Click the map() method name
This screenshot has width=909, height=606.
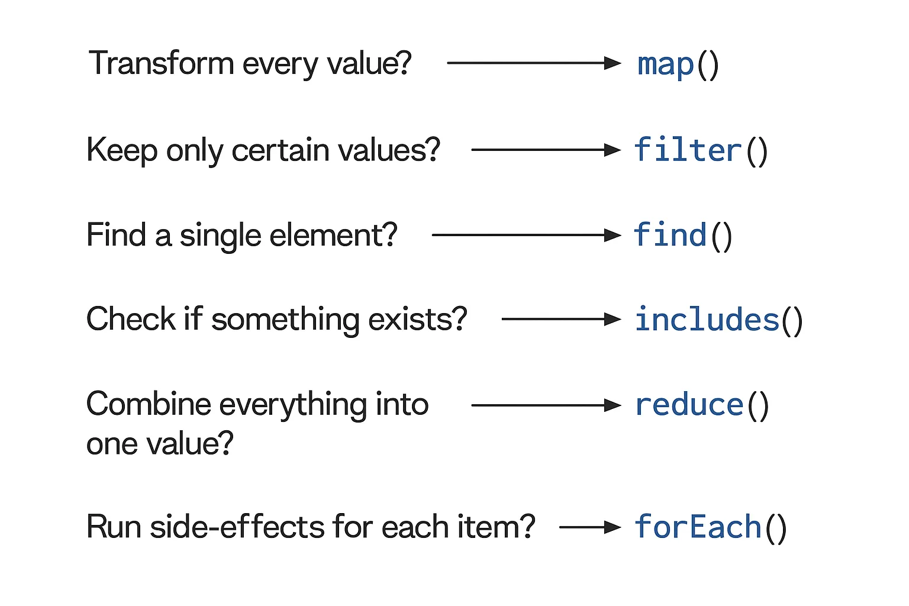click(x=678, y=64)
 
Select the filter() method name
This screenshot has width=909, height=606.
click(x=701, y=150)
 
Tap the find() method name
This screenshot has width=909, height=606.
click(x=682, y=236)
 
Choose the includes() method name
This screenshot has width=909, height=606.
click(x=718, y=320)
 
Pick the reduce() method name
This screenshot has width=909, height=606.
click(x=701, y=405)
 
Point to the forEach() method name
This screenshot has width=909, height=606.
click(x=710, y=527)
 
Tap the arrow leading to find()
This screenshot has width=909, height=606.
click(x=526, y=235)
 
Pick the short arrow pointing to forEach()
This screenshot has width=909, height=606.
click(x=589, y=527)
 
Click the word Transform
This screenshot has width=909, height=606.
click(x=161, y=63)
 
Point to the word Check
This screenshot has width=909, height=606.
click(x=131, y=320)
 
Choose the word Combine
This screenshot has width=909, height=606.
click(x=149, y=405)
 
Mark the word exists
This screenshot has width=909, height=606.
click(x=418, y=320)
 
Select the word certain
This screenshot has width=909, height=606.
click(x=281, y=150)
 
